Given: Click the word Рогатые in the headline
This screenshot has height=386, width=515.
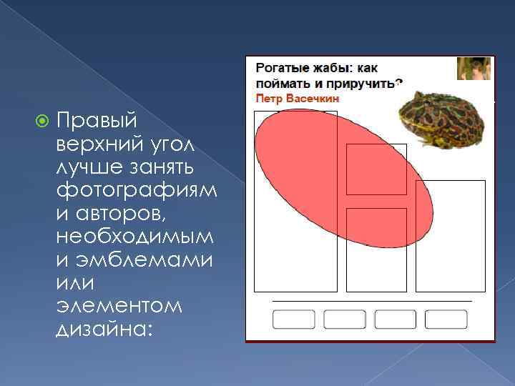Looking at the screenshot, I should tap(281, 69).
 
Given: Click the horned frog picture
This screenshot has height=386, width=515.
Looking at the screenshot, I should tap(443, 117).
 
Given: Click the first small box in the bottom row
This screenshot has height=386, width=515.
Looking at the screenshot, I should tap(294, 320).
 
